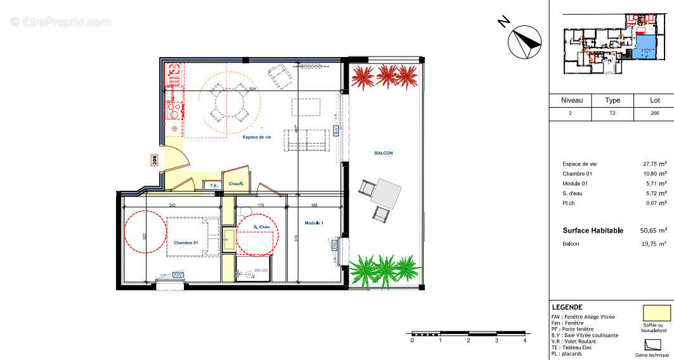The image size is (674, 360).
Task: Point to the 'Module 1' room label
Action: (314, 223)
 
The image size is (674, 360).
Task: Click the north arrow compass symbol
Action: (524, 40)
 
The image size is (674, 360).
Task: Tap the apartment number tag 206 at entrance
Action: (154, 160)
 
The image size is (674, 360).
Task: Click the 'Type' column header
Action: (612, 100)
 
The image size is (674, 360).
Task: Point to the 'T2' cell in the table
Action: (612, 113)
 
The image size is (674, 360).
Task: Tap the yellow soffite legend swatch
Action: (656, 313)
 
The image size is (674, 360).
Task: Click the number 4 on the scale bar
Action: (524, 341)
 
